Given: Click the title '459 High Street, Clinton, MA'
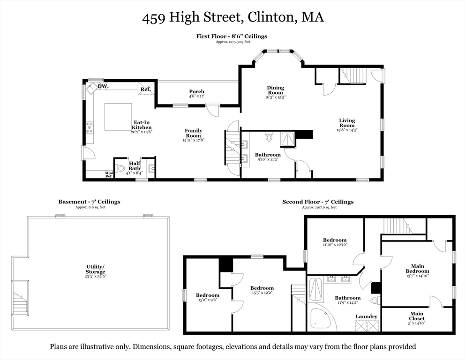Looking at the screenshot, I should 233,18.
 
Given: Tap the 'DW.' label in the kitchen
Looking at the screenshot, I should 103,86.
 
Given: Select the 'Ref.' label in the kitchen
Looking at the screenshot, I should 145,89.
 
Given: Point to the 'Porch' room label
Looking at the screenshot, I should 196,91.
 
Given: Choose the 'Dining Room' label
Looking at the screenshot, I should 275,90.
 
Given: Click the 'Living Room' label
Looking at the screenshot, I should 347,123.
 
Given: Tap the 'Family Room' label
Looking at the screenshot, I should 193,133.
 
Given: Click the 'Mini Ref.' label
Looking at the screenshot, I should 109,174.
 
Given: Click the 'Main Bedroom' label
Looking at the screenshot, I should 417,269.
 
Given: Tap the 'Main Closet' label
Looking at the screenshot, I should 416,316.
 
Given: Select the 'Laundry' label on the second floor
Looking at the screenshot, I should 366,316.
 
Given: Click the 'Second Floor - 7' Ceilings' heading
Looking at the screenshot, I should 317,202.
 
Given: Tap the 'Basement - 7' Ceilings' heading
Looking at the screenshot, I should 89,202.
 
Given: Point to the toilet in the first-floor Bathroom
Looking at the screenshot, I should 269,137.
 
